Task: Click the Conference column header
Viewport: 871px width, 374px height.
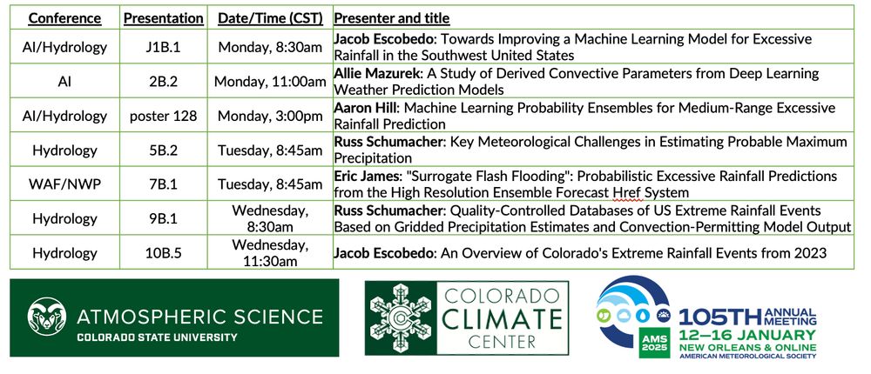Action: coord(65,18)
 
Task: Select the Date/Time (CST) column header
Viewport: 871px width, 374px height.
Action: coord(270,18)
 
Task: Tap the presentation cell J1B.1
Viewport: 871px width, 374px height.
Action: coord(164,47)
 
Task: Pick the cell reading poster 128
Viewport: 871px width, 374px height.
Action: coord(164,116)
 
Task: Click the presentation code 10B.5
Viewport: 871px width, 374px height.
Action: coord(164,253)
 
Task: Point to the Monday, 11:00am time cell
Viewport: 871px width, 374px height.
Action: coord(270,82)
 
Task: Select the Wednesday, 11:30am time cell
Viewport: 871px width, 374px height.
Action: coord(270,252)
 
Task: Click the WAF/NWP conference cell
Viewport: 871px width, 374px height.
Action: coord(65,184)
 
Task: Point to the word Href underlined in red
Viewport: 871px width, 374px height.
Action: coord(627,193)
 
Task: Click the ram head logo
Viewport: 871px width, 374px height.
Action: coord(47,317)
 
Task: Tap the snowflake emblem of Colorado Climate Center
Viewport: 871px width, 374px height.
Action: coord(400,318)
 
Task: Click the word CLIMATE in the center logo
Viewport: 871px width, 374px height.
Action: coord(503,318)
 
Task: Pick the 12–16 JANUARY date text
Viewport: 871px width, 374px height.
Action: coord(747,335)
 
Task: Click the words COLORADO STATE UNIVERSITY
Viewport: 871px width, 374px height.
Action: coord(157,337)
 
